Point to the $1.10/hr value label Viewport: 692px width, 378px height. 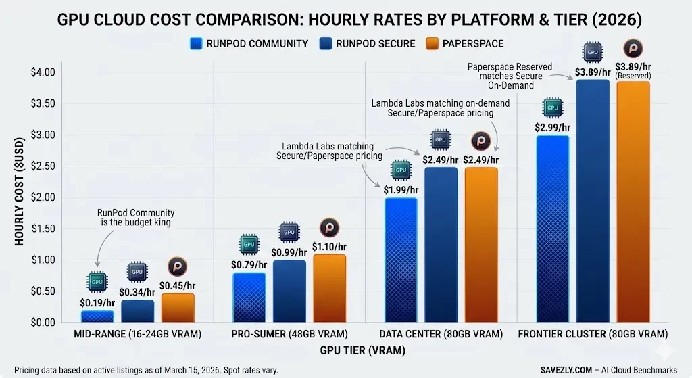click(x=329, y=247)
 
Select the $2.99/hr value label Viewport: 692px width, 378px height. click(x=553, y=127)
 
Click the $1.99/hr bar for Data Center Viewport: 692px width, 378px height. click(x=401, y=260)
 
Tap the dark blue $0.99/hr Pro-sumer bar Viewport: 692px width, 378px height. click(x=289, y=291)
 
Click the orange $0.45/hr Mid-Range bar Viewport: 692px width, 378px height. click(x=178, y=308)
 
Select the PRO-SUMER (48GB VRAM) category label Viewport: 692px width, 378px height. click(x=289, y=335)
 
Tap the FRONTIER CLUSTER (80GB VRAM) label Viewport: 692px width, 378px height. click(x=593, y=335)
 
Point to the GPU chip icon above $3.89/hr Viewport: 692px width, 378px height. click(x=593, y=51)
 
